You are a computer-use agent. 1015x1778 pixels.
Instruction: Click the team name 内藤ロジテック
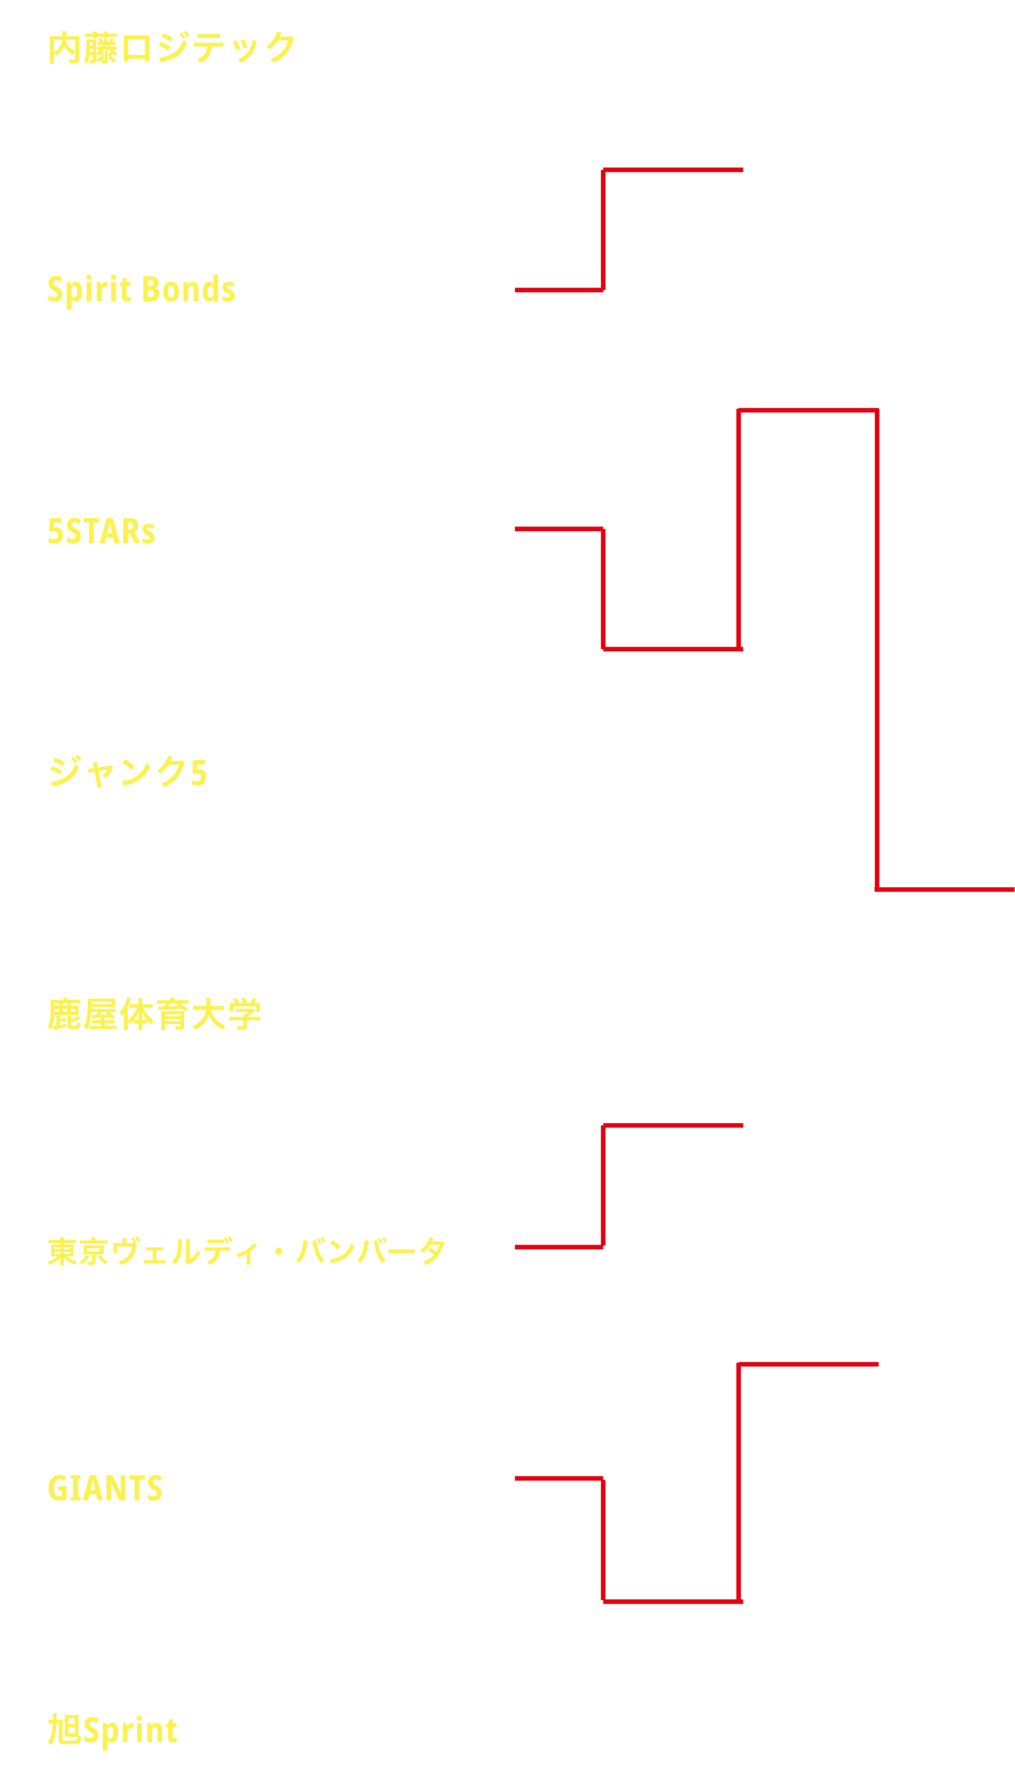pos(171,48)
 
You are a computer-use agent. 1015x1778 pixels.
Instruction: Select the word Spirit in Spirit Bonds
pos(90,290)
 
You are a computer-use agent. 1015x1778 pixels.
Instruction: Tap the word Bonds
pos(189,289)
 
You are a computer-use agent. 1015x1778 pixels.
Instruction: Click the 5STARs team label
pos(101,531)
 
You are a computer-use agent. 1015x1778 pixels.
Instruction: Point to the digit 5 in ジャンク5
pos(199,772)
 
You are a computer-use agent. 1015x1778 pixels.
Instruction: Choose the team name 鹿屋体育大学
pos(154,1014)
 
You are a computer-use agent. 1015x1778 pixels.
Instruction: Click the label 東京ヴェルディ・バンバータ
pos(247,1251)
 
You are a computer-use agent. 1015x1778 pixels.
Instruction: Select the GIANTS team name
pos(105,1489)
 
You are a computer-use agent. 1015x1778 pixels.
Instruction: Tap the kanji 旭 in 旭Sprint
pos(65,1729)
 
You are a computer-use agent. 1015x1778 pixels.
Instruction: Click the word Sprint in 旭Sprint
pos(130,1731)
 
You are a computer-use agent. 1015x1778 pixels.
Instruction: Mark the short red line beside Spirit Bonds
pos(559,290)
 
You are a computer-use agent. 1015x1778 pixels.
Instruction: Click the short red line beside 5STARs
pos(559,529)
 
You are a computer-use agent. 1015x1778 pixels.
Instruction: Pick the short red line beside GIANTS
pos(559,1478)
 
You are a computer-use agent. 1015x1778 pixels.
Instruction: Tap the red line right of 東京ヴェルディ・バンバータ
pos(559,1247)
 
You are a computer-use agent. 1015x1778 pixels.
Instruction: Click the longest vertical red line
pos(877,650)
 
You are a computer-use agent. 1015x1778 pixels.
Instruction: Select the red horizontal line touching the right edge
pos(946,889)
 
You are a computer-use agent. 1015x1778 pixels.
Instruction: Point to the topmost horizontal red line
pos(673,170)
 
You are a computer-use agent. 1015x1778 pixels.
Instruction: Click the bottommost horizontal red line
pos(673,1601)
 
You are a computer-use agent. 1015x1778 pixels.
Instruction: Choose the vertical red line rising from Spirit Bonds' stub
pos(603,230)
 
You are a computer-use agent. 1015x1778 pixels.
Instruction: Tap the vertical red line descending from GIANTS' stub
pos(603,1540)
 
